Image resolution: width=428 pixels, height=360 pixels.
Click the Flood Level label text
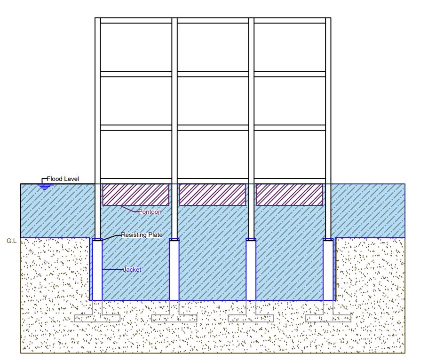[x=63, y=179]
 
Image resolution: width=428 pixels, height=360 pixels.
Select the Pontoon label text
[x=150, y=212]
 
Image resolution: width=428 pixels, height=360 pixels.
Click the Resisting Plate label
[x=142, y=235]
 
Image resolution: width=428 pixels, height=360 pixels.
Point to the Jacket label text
[x=132, y=270]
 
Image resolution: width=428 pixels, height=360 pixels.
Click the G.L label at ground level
[x=11, y=241]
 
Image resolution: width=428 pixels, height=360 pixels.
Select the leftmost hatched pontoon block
[x=135, y=195]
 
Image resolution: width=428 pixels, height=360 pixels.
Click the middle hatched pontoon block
[x=213, y=195]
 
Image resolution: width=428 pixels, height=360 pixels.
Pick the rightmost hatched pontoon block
[x=289, y=195]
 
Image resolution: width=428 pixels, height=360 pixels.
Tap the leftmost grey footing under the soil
[x=97, y=318]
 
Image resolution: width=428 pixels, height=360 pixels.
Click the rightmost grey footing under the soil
[x=328, y=318]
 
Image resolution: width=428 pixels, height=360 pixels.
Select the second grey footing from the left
[x=174, y=318]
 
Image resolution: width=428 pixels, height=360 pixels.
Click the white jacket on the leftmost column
[x=97, y=270]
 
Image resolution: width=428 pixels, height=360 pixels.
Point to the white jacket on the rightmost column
[x=328, y=270]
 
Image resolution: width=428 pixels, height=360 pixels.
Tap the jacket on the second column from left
[x=174, y=270]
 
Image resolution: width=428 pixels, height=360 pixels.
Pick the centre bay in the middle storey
[x=213, y=101]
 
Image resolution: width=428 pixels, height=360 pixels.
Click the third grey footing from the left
[x=251, y=318]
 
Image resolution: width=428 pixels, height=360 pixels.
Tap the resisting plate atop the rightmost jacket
[x=328, y=240]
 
